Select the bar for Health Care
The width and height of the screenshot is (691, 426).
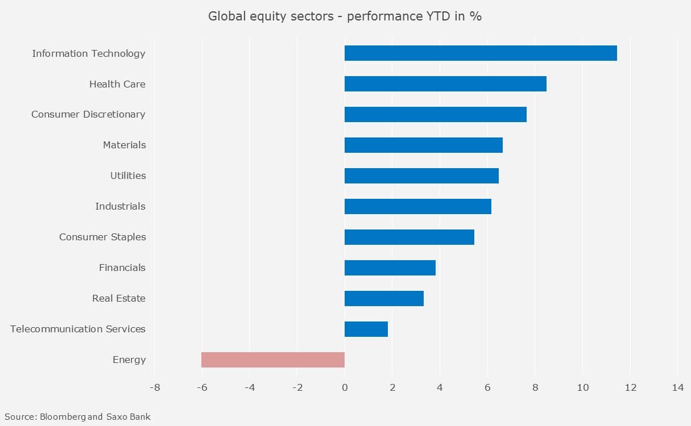coord(445,84)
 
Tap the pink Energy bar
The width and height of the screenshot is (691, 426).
coord(273,360)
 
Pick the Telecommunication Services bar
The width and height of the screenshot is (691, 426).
coord(366,329)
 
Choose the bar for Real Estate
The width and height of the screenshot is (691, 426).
coord(384,298)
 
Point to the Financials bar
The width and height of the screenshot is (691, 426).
coord(390,268)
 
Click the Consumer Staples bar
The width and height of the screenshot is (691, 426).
coord(409,237)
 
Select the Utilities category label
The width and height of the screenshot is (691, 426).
coord(128,176)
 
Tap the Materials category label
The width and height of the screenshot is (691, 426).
coord(124,145)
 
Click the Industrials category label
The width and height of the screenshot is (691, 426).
coord(120,206)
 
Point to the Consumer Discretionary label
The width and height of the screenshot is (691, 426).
coord(88,114)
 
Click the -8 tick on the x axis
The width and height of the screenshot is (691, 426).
coord(154,388)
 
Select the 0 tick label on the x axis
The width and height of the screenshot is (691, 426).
coord(345,388)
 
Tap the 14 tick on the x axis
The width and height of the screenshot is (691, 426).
coord(677,388)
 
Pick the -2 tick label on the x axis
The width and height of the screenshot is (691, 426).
coord(297,388)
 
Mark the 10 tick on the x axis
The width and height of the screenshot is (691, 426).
coord(582,388)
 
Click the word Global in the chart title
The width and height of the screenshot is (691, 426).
coord(223,16)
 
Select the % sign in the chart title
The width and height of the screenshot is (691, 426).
coord(476,16)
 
